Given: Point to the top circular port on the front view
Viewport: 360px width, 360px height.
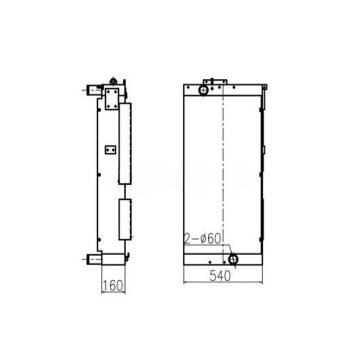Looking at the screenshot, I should tap(204, 90).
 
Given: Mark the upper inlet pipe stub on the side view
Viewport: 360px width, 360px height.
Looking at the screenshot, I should tap(93, 91).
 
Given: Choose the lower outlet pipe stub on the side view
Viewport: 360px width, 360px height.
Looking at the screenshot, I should tap(93, 259).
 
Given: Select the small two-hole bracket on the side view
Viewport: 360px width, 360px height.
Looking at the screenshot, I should tap(110, 149).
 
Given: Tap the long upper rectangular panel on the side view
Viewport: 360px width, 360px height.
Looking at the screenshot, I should tap(125, 143).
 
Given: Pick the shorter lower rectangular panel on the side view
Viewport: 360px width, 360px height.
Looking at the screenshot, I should tap(125, 220).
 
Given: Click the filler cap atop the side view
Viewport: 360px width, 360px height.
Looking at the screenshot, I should tap(113, 81).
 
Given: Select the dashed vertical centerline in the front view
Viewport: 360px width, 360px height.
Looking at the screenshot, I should tap(223, 170).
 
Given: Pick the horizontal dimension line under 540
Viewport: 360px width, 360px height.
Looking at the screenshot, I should tap(222, 282).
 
